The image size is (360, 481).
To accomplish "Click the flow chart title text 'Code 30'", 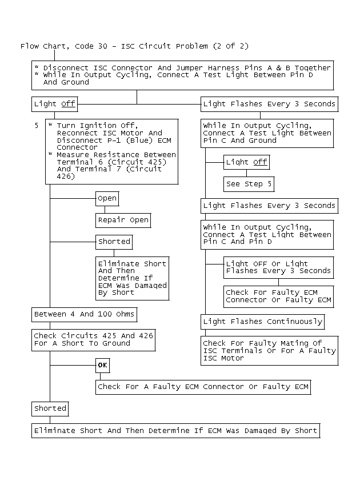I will click(87, 46).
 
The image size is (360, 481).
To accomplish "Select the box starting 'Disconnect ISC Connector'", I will click(182, 75).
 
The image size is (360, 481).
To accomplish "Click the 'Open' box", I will click(107, 198).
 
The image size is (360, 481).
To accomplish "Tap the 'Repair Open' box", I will click(123, 220).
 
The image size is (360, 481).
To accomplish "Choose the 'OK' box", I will click(102, 365).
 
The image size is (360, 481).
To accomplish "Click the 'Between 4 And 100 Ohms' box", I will click(84, 314).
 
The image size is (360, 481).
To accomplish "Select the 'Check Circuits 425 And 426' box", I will click(93, 339).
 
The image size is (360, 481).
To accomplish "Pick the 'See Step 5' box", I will click(249, 184).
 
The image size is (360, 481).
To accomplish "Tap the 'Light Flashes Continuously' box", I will click(262, 321).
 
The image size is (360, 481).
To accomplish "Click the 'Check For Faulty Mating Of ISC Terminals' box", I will click(269, 350).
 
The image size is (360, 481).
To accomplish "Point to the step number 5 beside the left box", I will click(37, 125).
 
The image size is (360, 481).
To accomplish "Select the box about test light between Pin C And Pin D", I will click(267, 235).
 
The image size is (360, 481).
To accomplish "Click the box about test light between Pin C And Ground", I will click(267, 133).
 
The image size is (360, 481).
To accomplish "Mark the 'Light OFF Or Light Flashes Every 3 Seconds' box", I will click(278, 267).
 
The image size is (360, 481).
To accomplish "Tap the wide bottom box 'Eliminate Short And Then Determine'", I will click(175, 430).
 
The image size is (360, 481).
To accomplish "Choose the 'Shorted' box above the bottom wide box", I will click(50, 408).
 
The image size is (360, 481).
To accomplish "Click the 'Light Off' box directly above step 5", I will click(54, 104).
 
